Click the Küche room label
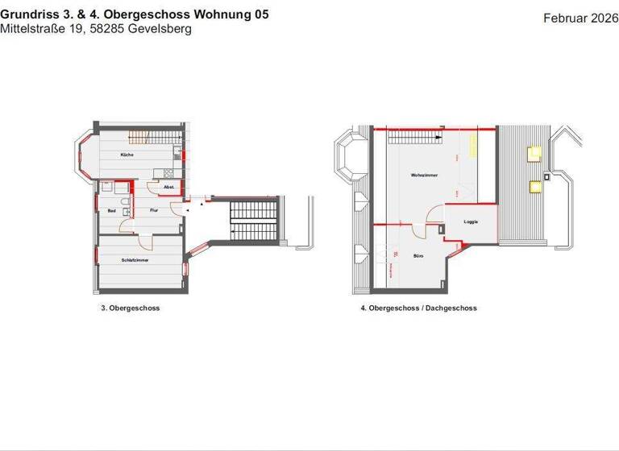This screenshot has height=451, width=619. click(x=127, y=154)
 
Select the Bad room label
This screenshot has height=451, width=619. click(x=112, y=211)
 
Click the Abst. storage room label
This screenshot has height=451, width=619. click(x=169, y=187)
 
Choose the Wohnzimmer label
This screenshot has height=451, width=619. click(x=424, y=175)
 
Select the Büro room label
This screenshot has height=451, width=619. click(x=419, y=256)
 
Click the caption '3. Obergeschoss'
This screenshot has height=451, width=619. click(x=124, y=308)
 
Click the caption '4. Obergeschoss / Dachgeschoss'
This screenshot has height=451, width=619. click(x=418, y=308)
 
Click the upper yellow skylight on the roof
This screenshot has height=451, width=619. click(x=534, y=151)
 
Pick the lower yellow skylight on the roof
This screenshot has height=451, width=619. click(x=534, y=187)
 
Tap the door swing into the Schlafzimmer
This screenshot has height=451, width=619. click(x=145, y=242)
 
